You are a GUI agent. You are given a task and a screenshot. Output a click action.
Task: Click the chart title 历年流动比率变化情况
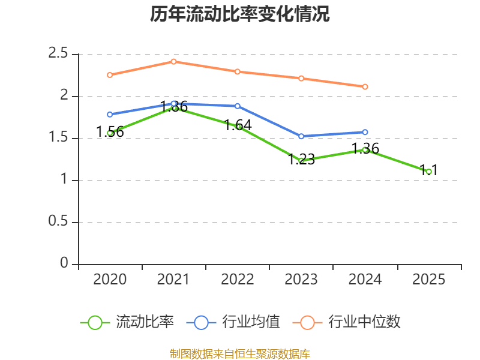pyautogui.click(x=240, y=14)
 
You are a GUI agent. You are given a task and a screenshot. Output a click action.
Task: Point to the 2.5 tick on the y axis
pyautogui.click(x=59, y=53)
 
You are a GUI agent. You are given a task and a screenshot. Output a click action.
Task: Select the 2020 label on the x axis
pyautogui.click(x=110, y=280)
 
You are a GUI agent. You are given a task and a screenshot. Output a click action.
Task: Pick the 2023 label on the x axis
pyautogui.click(x=301, y=280)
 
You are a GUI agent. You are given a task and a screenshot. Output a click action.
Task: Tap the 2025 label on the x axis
pyautogui.click(x=429, y=280)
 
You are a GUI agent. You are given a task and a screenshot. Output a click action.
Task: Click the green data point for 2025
pyautogui.click(x=429, y=172)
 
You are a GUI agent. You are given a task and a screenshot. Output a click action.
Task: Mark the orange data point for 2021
pyautogui.click(x=173, y=61)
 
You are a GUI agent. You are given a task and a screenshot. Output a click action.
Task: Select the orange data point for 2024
pyautogui.click(x=365, y=86)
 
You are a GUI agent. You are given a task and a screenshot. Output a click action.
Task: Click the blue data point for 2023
pyautogui.click(x=301, y=136)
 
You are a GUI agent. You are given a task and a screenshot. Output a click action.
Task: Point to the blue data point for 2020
pyautogui.click(x=110, y=114)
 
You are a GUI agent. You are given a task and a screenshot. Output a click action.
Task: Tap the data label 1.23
pyautogui.click(x=301, y=160)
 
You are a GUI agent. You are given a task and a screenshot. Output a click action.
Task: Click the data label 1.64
pyautogui.click(x=238, y=125)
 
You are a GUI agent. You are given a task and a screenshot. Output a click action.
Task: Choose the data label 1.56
pyautogui.click(x=110, y=132)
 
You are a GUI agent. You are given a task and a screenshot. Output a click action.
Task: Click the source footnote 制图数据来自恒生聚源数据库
pyautogui.click(x=240, y=353)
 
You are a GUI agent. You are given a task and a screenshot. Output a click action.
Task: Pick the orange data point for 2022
pyautogui.click(x=238, y=71)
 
